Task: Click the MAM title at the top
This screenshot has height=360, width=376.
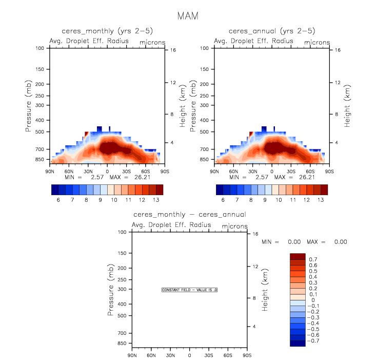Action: [188, 16]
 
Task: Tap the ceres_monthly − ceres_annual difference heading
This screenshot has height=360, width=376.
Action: [189, 214]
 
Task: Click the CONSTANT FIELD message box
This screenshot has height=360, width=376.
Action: [190, 290]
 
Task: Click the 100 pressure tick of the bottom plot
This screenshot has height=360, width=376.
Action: [123, 232]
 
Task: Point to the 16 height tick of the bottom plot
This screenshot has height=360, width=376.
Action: [255, 234]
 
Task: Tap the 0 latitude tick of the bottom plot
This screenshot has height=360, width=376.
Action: [189, 355]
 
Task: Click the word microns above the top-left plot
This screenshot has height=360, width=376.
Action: [152, 42]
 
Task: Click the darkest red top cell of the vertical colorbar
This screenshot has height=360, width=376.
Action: [298, 256]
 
